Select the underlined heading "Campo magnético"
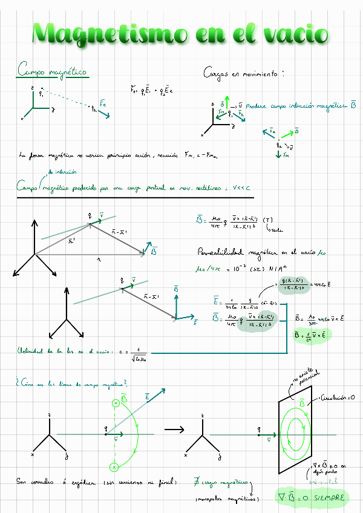click(x=52, y=72)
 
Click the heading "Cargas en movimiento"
click(x=243, y=73)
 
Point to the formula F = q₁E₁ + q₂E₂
click(x=152, y=91)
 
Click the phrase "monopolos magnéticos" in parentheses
click(x=227, y=499)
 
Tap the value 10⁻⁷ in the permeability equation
click(x=240, y=268)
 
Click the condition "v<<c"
click(x=236, y=188)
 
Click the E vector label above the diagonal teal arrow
click(x=148, y=396)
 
